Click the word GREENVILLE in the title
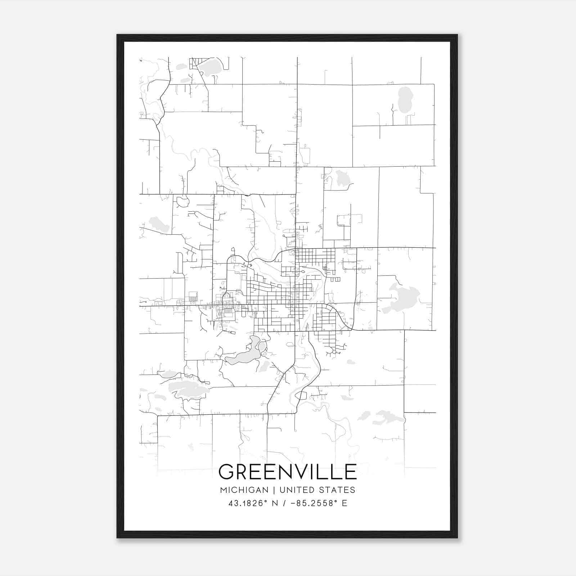tap(287, 472)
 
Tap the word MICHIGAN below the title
tap(244, 490)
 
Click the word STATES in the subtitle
tap(338, 490)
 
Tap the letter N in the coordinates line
tap(275, 503)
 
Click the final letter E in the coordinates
tap(345, 503)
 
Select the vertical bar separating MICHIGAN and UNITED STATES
tap(274, 490)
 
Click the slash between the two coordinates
tap(285, 503)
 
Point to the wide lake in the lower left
tap(187, 390)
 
